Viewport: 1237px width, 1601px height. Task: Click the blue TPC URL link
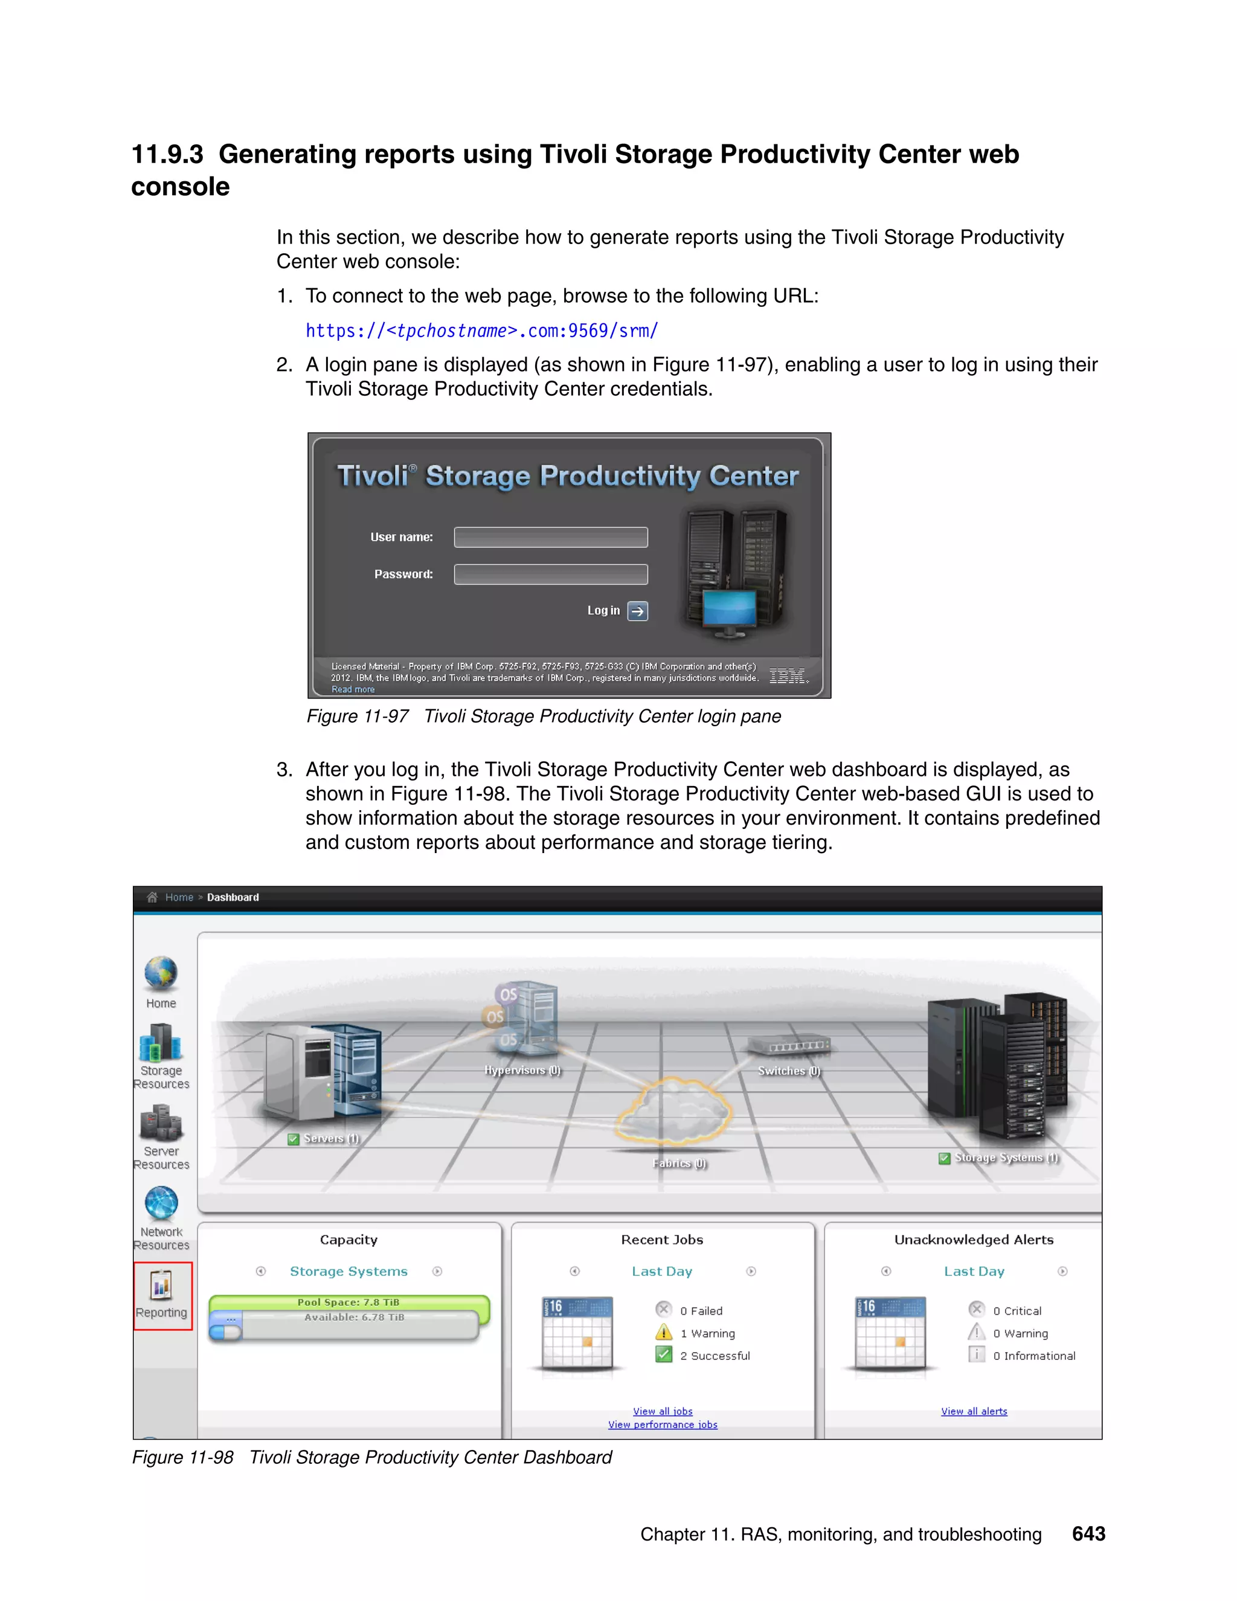pyautogui.click(x=481, y=330)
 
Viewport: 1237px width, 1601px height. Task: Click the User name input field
pyautogui.click(x=550, y=537)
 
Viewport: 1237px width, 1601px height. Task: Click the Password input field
pyautogui.click(x=550, y=574)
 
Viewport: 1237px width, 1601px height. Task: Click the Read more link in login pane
pyautogui.click(x=353, y=689)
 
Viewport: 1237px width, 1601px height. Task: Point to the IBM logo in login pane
pyautogui.click(x=788, y=676)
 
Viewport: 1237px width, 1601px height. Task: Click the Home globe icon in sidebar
pyautogui.click(x=161, y=974)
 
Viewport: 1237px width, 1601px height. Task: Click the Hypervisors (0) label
pyautogui.click(x=522, y=1071)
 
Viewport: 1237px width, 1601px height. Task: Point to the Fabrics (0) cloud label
pyautogui.click(x=680, y=1164)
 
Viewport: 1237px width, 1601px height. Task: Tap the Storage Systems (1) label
pyautogui.click(x=1006, y=1158)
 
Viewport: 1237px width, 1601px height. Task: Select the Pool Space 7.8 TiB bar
pyautogui.click(x=349, y=1303)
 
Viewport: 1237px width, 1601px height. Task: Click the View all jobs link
pyautogui.click(x=663, y=1411)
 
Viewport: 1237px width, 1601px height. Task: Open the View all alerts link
pyautogui.click(x=974, y=1411)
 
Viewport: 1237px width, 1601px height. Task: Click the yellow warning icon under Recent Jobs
pyautogui.click(x=664, y=1333)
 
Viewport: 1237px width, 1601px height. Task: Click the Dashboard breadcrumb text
pyautogui.click(x=233, y=897)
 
